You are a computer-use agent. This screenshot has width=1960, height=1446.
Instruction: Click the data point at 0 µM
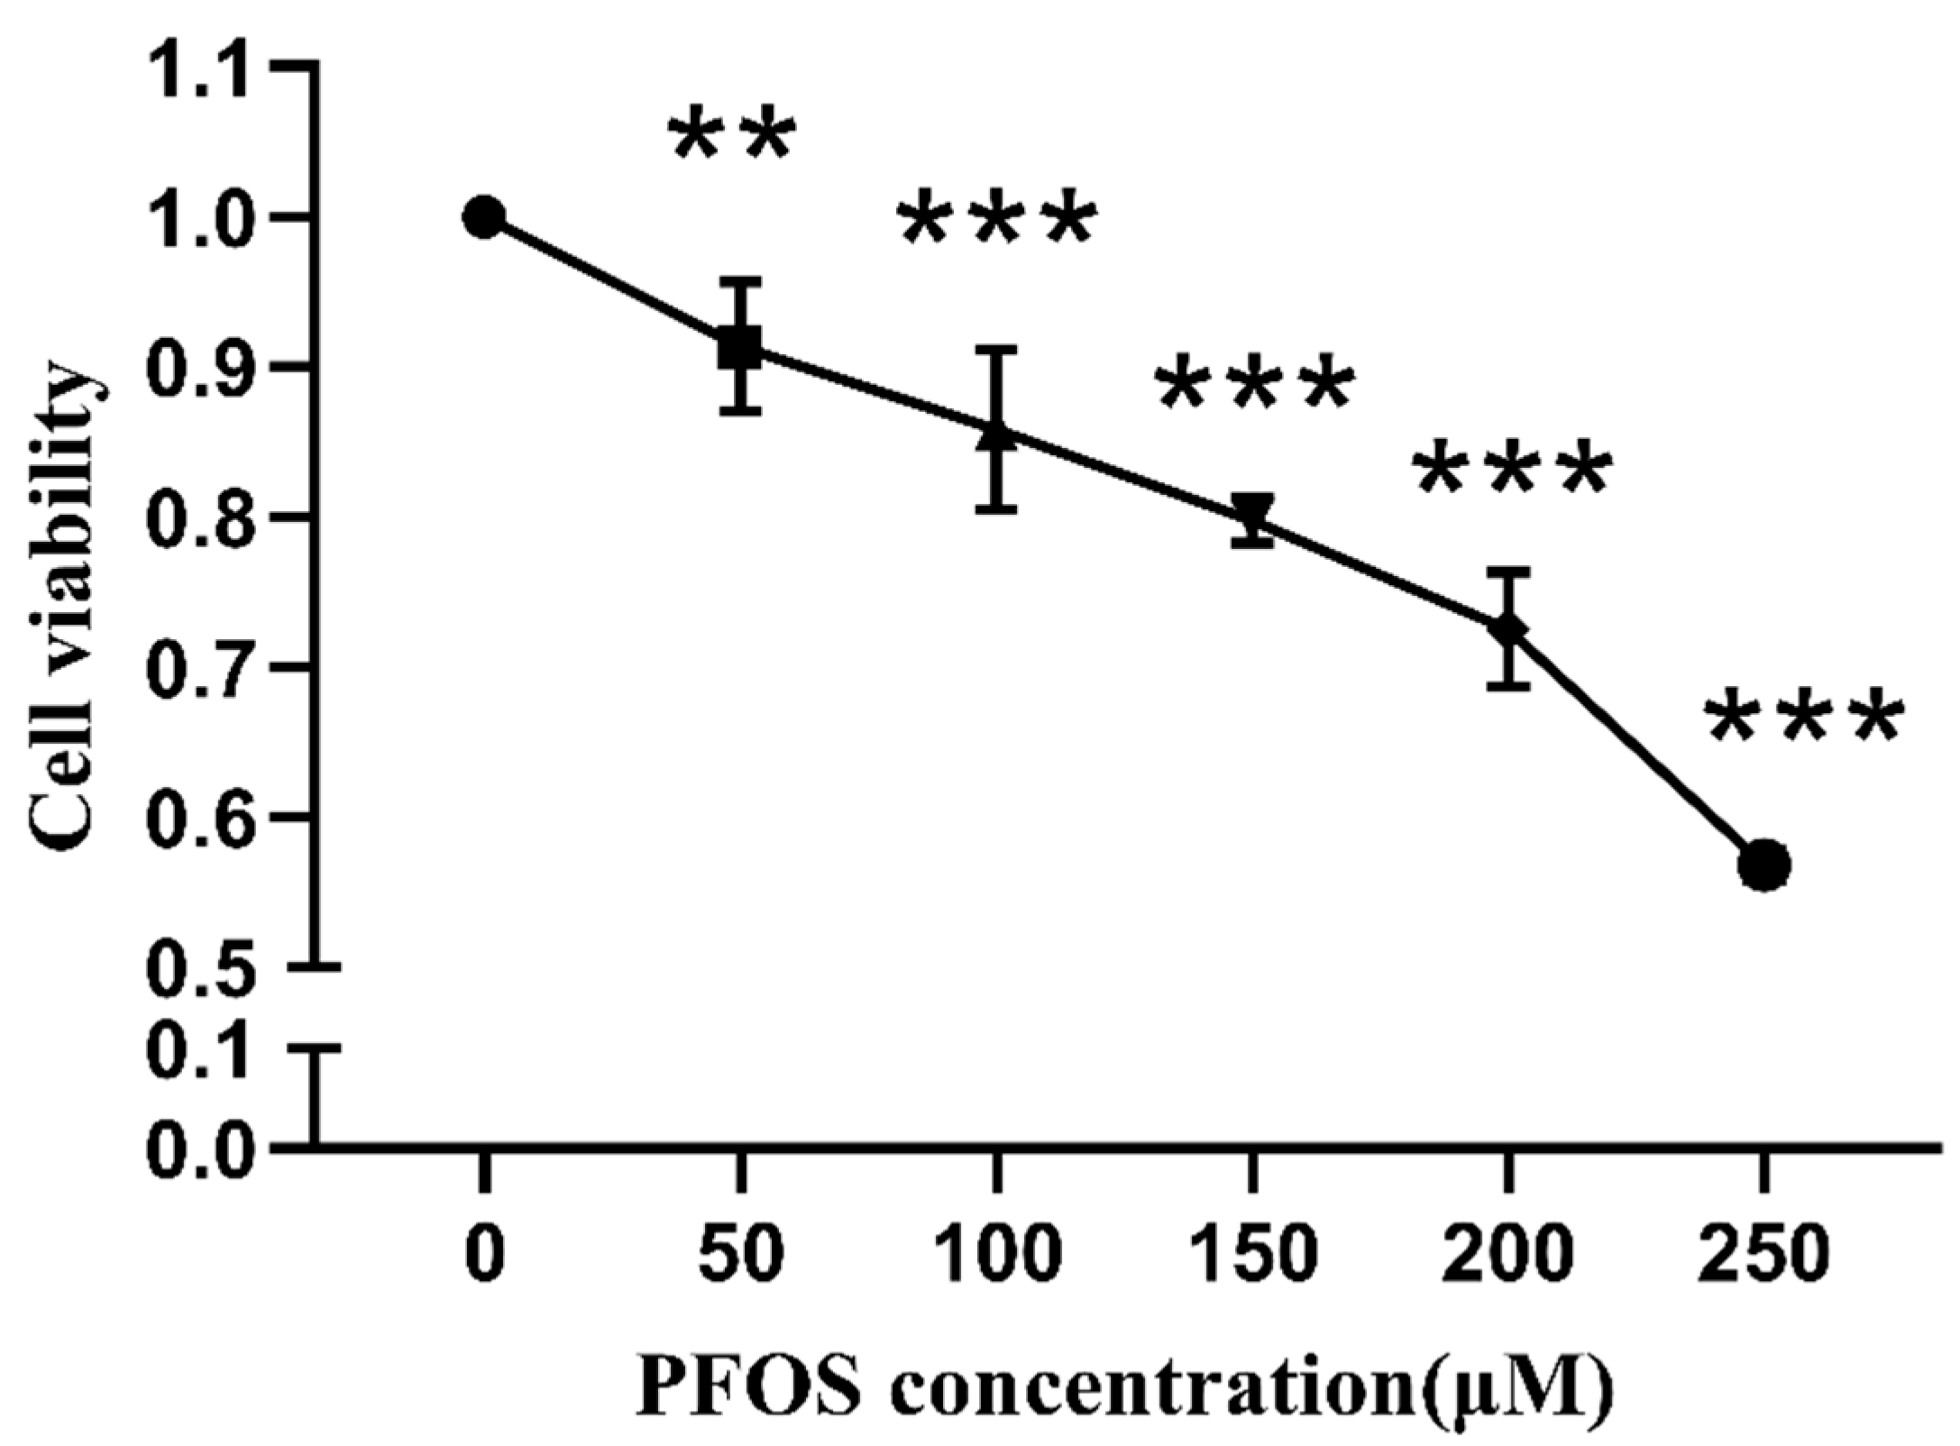tap(484, 217)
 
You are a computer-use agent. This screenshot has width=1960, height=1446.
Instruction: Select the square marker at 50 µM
tap(740, 348)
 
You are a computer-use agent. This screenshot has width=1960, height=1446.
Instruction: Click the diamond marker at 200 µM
tap(1507, 628)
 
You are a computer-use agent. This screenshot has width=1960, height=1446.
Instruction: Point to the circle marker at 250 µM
tap(1763, 865)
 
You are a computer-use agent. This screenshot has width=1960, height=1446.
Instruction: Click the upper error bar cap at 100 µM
tap(995, 348)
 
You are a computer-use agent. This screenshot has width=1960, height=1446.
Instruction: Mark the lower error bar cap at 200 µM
tap(1507, 688)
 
